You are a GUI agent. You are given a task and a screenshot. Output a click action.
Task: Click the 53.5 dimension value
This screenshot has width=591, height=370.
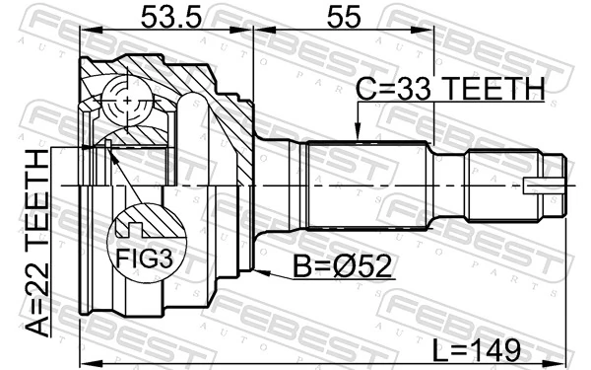(164, 16)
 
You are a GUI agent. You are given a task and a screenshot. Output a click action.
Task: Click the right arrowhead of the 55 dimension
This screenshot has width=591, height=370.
(430, 31)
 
